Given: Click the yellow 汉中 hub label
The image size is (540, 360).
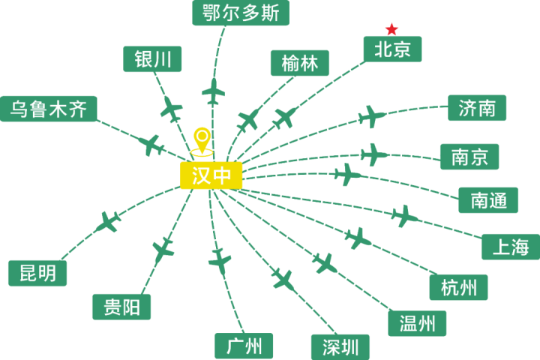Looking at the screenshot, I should tap(211, 175).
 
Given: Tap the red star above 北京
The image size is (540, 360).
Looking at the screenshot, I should tap(391, 29).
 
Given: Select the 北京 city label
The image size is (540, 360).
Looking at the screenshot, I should tap(392, 49).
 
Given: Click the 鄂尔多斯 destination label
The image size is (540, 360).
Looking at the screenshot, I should tap(240, 13).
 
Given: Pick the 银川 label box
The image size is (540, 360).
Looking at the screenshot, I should tap(153, 59).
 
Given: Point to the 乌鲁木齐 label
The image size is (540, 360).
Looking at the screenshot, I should tap(49, 109).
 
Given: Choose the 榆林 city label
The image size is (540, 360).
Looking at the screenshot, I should tap(300, 63).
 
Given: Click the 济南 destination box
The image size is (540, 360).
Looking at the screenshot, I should tap(477, 107).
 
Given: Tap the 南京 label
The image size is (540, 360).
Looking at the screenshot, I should tap(469, 157).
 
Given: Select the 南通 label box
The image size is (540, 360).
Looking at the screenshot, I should tap(489, 199).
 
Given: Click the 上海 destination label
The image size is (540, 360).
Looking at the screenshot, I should tap(510, 247).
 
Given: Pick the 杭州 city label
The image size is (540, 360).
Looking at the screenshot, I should tap(459, 287).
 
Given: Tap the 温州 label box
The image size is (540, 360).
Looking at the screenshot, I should tap(417, 323).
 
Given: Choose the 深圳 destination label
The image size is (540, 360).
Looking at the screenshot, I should tap(340, 346).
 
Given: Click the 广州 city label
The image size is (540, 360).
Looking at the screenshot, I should tap(244, 346).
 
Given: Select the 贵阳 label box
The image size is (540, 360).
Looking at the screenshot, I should tap(121, 307).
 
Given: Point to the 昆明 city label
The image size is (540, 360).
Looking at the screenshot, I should tap(37, 273).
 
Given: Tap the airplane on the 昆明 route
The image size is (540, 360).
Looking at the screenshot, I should tap(108, 222).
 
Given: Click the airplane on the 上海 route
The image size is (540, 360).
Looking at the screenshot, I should tap(403, 216).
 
